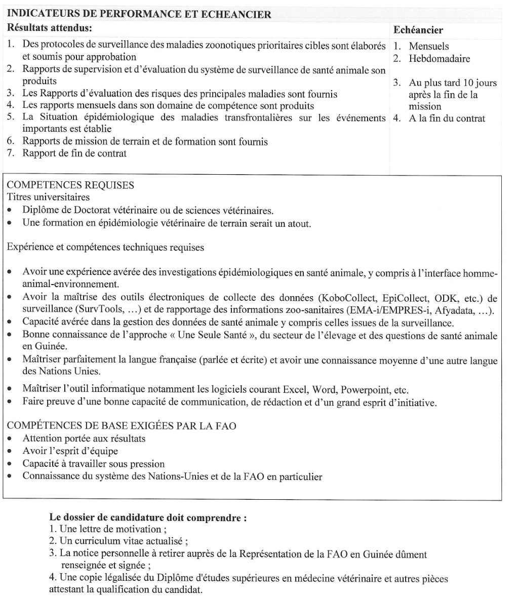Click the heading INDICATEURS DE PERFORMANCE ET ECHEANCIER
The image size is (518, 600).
tap(140, 14)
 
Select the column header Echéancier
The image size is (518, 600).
tap(418, 30)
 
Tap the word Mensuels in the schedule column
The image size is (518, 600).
tap(429, 46)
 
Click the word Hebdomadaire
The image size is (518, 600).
tap(439, 58)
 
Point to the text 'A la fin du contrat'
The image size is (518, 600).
tap(447, 118)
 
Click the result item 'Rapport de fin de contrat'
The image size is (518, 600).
tap(74, 153)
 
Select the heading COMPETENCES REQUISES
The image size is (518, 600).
tap(71, 185)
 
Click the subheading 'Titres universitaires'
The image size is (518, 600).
tap(48, 197)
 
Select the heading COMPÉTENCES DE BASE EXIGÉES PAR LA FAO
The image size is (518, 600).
tap(122, 426)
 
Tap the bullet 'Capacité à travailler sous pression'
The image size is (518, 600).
tap(93, 463)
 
